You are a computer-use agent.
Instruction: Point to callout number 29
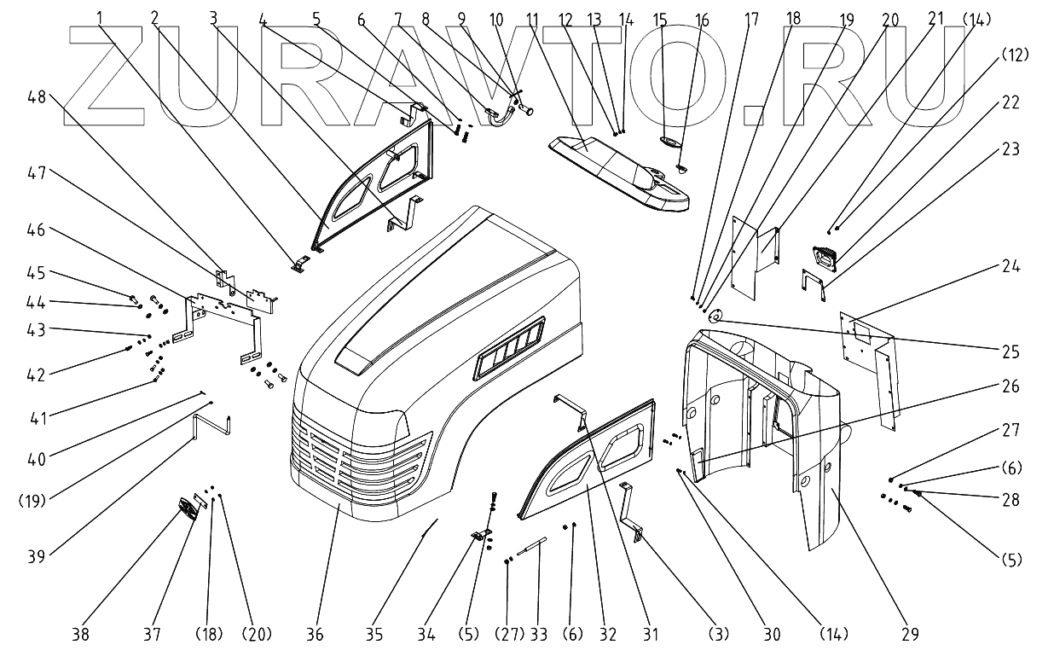pyautogui.click(x=911, y=634)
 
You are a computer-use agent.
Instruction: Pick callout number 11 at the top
pyautogui.click(x=533, y=18)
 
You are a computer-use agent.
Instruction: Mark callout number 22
pyautogui.click(x=1010, y=102)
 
